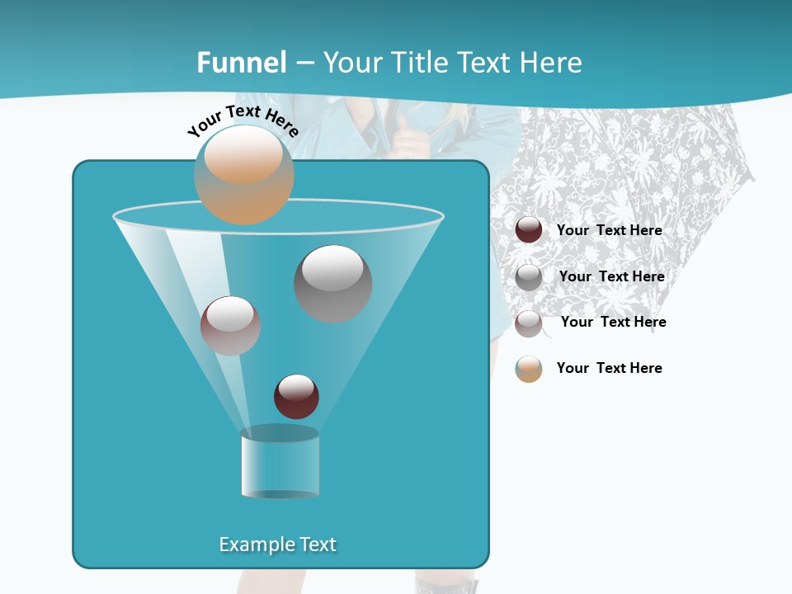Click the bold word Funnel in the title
tap(242, 63)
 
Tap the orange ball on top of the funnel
tap(243, 174)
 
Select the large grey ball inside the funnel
tap(332, 283)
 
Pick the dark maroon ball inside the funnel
tap(296, 396)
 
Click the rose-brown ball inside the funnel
tap(230, 326)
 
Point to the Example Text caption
tap(277, 544)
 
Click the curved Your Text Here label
tap(243, 120)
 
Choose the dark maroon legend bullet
tap(529, 230)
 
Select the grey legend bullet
tap(529, 277)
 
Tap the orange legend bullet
tap(529, 369)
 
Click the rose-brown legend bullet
tap(529, 323)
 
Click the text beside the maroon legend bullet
tap(609, 231)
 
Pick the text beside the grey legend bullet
tap(611, 277)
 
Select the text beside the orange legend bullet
tap(609, 369)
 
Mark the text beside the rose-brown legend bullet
tap(613, 323)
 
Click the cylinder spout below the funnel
tap(280, 464)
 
